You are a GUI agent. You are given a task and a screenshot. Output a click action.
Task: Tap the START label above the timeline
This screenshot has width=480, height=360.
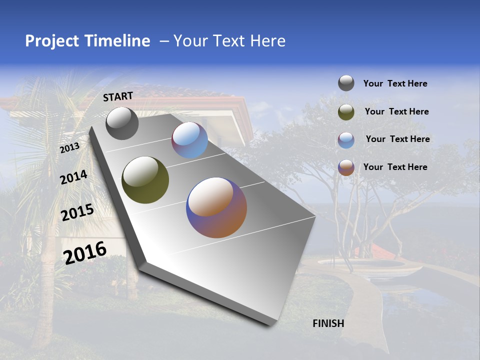(x=118, y=96)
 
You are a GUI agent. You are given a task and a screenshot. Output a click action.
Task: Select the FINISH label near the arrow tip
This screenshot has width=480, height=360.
(x=328, y=323)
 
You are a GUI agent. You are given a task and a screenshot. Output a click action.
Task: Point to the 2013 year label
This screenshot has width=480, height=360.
(x=69, y=148)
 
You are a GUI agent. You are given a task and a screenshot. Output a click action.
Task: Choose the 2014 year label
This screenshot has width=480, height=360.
(x=73, y=177)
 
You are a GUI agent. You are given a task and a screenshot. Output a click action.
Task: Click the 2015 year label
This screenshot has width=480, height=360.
(x=77, y=212)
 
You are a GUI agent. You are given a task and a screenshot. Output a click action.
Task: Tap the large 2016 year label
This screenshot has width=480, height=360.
(x=85, y=252)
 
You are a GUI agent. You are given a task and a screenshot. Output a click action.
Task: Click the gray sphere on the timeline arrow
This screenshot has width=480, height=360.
(x=122, y=123)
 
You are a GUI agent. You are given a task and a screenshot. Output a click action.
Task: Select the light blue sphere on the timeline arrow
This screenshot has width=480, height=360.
(x=190, y=140)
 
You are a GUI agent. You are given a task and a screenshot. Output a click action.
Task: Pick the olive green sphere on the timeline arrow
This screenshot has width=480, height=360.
(x=145, y=180)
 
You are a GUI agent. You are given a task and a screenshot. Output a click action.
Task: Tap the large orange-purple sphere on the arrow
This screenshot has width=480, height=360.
(x=216, y=207)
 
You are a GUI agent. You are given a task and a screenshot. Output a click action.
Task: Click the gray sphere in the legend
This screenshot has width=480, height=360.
(x=346, y=83)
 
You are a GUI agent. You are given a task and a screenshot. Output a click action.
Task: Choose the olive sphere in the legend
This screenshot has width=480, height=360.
(x=346, y=112)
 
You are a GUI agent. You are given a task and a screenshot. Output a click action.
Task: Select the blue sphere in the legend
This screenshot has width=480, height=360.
(x=346, y=139)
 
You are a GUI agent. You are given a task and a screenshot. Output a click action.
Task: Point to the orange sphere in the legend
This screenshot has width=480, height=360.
(x=346, y=167)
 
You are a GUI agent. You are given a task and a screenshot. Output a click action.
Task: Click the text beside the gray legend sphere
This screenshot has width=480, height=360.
(x=395, y=84)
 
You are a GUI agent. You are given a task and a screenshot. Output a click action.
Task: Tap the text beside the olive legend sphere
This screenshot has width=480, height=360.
(x=396, y=111)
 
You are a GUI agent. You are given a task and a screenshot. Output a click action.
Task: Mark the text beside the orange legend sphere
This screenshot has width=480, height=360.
(x=395, y=167)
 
